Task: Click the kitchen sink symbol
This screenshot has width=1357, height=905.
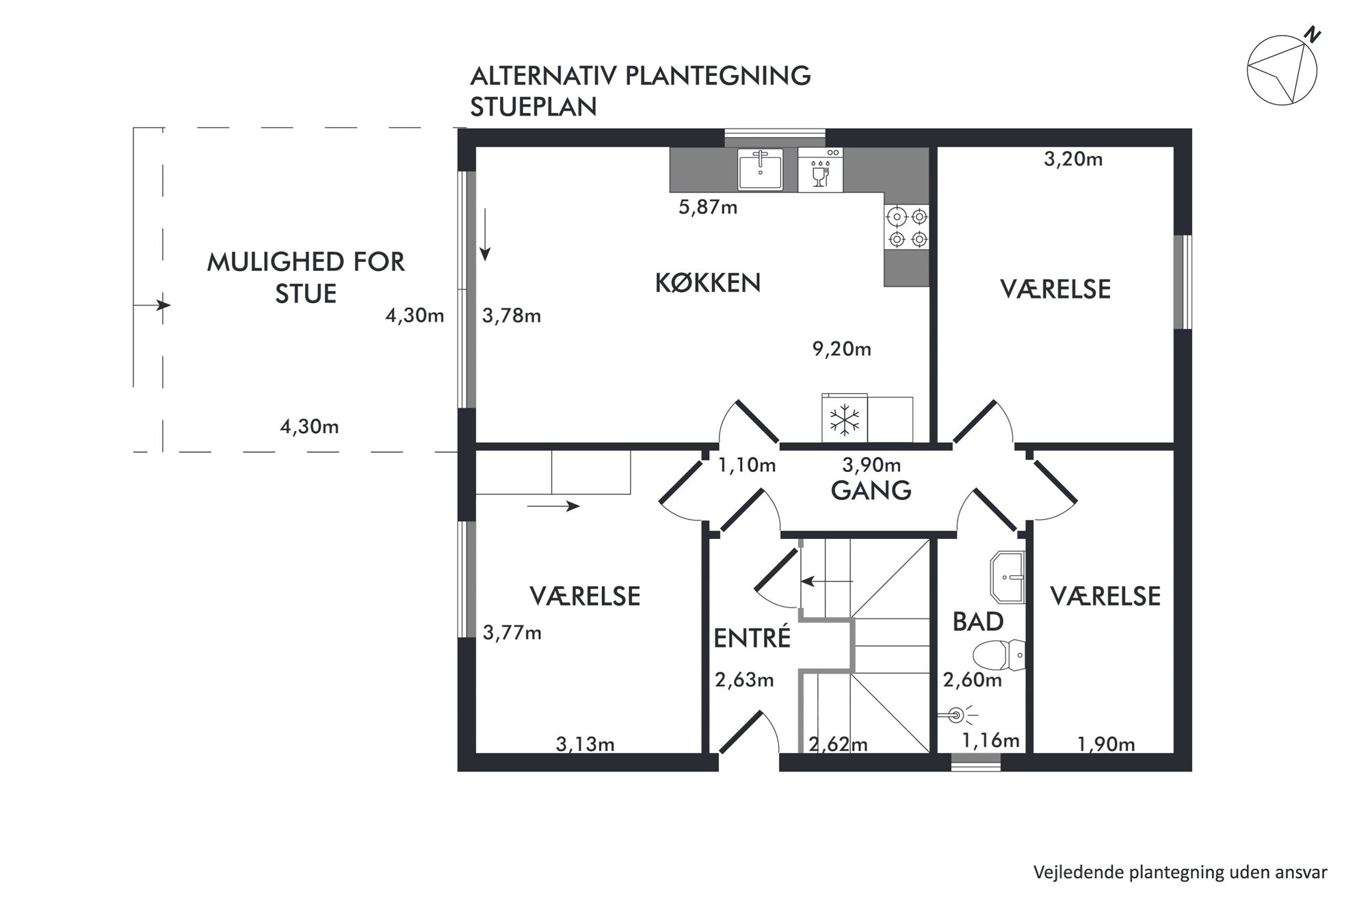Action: [x=760, y=169]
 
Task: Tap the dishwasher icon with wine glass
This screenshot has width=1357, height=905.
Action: [x=820, y=170]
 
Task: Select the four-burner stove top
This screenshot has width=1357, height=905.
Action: [x=906, y=228]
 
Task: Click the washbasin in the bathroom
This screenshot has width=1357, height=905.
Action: [x=1007, y=577]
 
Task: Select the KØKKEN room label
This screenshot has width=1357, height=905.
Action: [x=708, y=283]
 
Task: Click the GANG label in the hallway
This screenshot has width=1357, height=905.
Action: [x=871, y=490]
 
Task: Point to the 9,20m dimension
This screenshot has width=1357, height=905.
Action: [x=841, y=349]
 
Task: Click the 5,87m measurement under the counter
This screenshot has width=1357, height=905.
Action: [x=708, y=207]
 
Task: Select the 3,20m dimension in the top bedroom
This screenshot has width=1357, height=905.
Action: [x=1073, y=159]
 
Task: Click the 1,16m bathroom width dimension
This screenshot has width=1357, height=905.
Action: [x=991, y=740]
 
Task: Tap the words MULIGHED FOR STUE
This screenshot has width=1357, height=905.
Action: [x=306, y=278]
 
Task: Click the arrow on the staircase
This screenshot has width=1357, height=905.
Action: [x=828, y=581]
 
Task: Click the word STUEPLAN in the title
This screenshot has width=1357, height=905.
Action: [x=533, y=107]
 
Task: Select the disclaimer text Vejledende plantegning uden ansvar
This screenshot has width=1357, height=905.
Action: [x=1181, y=872]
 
